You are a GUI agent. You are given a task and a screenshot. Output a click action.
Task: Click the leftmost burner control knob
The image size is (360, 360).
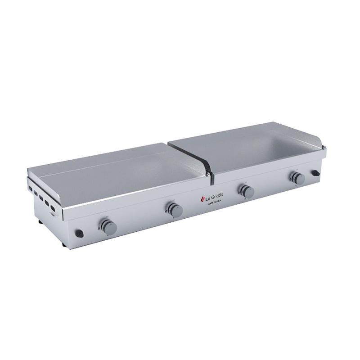(108, 225)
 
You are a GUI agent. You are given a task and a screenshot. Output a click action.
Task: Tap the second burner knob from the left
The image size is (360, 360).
(174, 208)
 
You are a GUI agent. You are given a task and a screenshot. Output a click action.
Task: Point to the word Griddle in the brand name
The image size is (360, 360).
(219, 194)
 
